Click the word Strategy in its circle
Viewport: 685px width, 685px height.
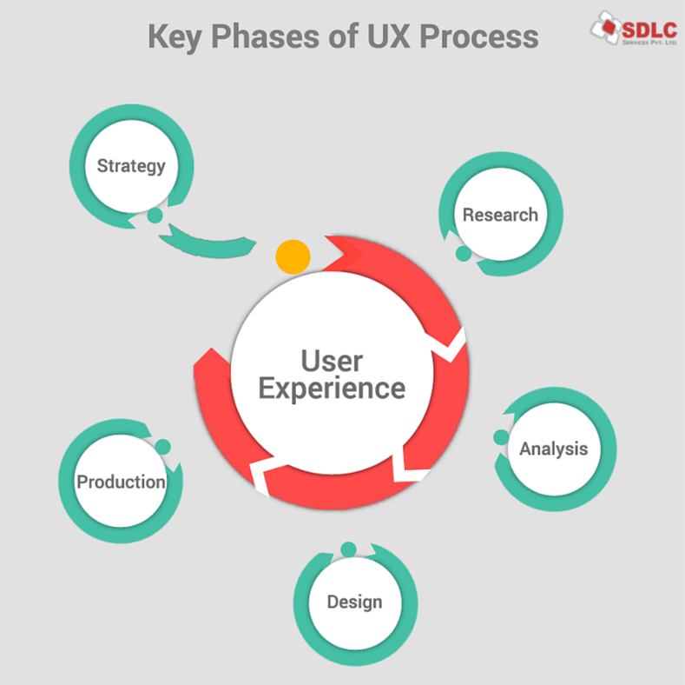[x=131, y=165]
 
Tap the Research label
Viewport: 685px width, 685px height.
[x=500, y=215]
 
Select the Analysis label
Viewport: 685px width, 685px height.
[x=554, y=449]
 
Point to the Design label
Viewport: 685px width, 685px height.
[x=354, y=602]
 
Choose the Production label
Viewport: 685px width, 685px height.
[x=121, y=482]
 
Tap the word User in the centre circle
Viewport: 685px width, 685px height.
[x=332, y=360]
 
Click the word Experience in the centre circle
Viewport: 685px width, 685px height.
[x=332, y=388]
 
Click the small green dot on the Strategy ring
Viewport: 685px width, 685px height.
[x=155, y=215]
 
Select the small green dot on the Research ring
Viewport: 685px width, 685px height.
[x=464, y=253]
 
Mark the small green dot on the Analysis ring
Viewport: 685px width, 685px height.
[x=501, y=437]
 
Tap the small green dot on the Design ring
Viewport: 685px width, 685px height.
[x=348, y=549]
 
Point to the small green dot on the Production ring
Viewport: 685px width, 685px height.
[x=162, y=447]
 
